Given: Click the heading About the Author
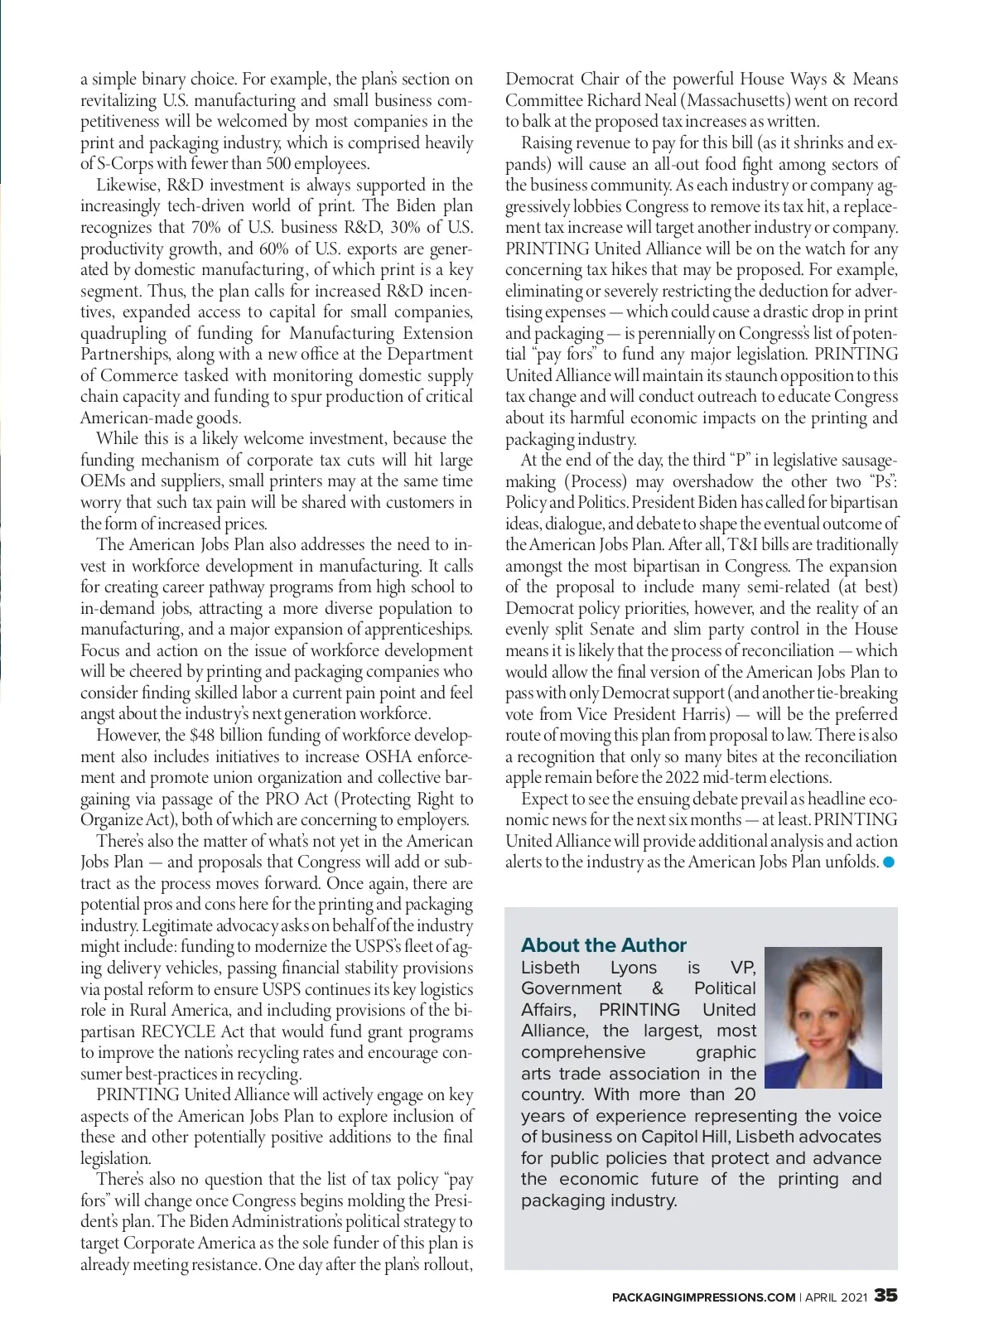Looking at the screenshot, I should tap(603, 945).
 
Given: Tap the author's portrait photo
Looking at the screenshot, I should tap(823, 1017).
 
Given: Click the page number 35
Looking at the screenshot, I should tap(885, 1296).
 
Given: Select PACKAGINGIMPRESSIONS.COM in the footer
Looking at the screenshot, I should tap(703, 1297).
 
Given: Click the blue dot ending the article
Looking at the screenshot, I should tap(890, 862).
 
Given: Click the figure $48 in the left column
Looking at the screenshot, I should tap(201, 736).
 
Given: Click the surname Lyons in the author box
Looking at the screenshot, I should tap(633, 968).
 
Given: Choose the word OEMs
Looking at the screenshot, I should tap(103, 481).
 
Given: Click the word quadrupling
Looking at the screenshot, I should tap(123, 333).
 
